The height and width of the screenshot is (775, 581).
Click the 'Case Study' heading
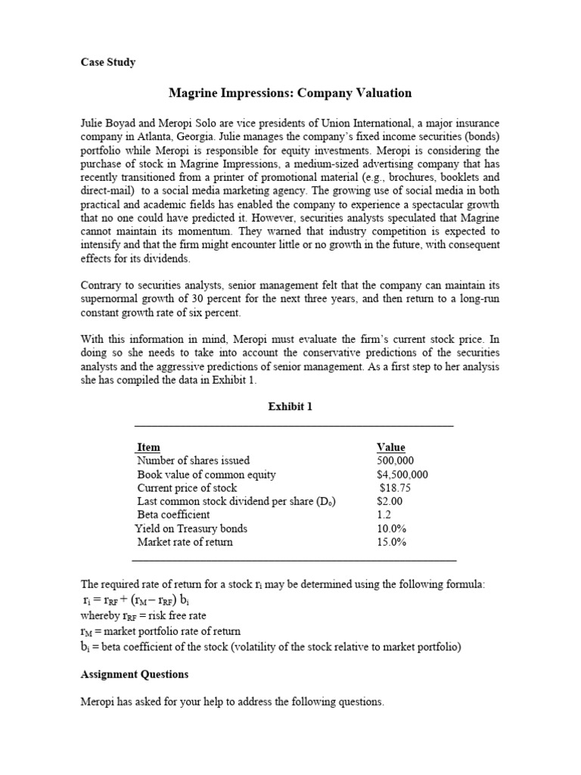click(108, 62)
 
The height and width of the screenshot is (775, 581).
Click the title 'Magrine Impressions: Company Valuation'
click(290, 93)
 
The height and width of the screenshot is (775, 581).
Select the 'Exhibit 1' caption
click(290, 406)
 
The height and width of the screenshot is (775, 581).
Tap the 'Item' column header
click(148, 447)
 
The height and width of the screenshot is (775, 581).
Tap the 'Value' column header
click(390, 447)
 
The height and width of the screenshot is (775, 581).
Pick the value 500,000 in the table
click(395, 460)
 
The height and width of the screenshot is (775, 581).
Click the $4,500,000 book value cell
click(402, 475)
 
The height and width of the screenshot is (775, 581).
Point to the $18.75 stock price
click(395, 488)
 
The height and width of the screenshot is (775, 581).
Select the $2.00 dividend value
click(390, 501)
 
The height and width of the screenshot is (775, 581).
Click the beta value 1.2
click(384, 515)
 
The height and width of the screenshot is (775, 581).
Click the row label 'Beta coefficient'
click(173, 515)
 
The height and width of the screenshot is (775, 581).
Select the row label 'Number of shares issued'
click(193, 460)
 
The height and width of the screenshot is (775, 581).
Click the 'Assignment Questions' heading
click(134, 674)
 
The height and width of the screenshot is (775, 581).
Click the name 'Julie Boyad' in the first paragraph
click(108, 123)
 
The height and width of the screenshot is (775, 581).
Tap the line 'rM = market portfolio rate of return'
click(160, 630)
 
